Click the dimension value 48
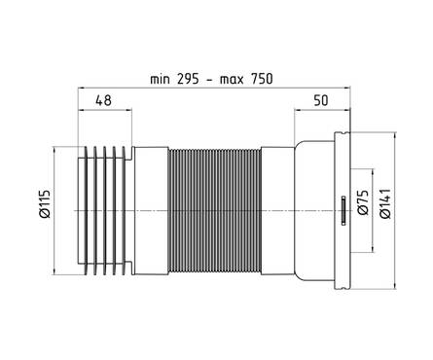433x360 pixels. [103, 100]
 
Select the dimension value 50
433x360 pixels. [321, 100]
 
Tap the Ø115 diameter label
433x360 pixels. [45, 203]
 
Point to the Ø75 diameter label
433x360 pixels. [363, 201]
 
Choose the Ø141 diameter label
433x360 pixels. [385, 203]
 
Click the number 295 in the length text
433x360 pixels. [188, 79]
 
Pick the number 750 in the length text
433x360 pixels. [262, 79]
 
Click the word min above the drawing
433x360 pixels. [160, 80]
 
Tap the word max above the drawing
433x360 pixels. [232, 80]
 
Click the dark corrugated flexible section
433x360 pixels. [215, 211]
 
